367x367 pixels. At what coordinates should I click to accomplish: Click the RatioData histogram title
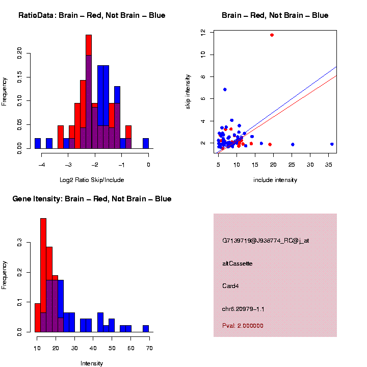pyautogui.click(x=92, y=15)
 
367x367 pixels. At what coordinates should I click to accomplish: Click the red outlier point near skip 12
pyautogui.click(x=272, y=35)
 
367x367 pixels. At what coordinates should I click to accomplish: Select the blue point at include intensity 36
pyautogui.click(x=332, y=144)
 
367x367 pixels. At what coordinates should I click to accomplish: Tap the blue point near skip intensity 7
pyautogui.click(x=225, y=89)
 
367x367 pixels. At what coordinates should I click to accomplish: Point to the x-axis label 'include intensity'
pyautogui.click(x=275, y=180)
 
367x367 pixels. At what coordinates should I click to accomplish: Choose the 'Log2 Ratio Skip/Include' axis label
pyautogui.click(x=92, y=180)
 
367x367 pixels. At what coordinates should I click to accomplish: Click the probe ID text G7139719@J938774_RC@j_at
pyautogui.click(x=266, y=241)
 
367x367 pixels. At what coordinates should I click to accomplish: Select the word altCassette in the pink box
pyautogui.click(x=238, y=264)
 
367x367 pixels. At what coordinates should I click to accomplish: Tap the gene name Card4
pyautogui.click(x=230, y=286)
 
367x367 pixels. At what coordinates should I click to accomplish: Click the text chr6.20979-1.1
pyautogui.click(x=243, y=309)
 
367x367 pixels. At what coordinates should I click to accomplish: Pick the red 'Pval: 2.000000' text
pyautogui.click(x=243, y=326)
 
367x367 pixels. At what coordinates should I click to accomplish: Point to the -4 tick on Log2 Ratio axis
pyautogui.click(x=41, y=165)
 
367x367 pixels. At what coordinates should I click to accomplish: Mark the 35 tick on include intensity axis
pyautogui.click(x=329, y=165)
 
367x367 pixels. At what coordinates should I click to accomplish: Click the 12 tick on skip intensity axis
pyautogui.click(x=203, y=32)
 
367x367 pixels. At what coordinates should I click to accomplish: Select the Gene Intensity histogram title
pyautogui.click(x=92, y=199)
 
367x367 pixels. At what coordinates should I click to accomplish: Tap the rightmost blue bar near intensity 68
pyautogui.click(x=146, y=329)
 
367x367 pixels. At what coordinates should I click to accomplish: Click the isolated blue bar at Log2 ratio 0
pyautogui.click(x=146, y=143)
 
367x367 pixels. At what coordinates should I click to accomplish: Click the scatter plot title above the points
pyautogui.click(x=275, y=15)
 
